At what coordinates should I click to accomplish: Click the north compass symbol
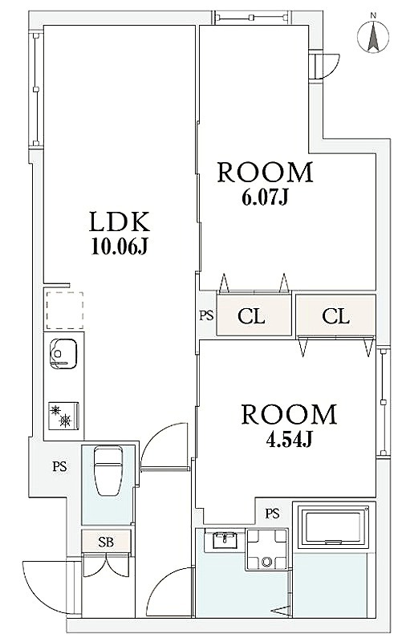(x=373, y=35)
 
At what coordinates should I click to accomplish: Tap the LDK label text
(x=120, y=222)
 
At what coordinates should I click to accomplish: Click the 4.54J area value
(x=289, y=439)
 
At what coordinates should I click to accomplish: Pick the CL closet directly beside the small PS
(x=254, y=315)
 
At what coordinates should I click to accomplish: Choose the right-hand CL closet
(x=335, y=315)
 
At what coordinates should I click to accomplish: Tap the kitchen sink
(x=63, y=354)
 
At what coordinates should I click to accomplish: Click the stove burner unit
(x=63, y=416)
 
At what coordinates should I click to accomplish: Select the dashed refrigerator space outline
(x=64, y=311)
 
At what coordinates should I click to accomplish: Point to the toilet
(x=108, y=471)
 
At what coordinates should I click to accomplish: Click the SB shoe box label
(x=106, y=542)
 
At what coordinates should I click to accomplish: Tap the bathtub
(x=334, y=526)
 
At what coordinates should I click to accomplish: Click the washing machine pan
(x=267, y=550)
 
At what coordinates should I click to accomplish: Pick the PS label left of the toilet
(x=59, y=466)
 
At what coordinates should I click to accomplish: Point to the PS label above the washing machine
(x=272, y=513)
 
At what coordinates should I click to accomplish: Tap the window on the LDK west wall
(x=36, y=89)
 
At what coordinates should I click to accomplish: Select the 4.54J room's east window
(x=383, y=402)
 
